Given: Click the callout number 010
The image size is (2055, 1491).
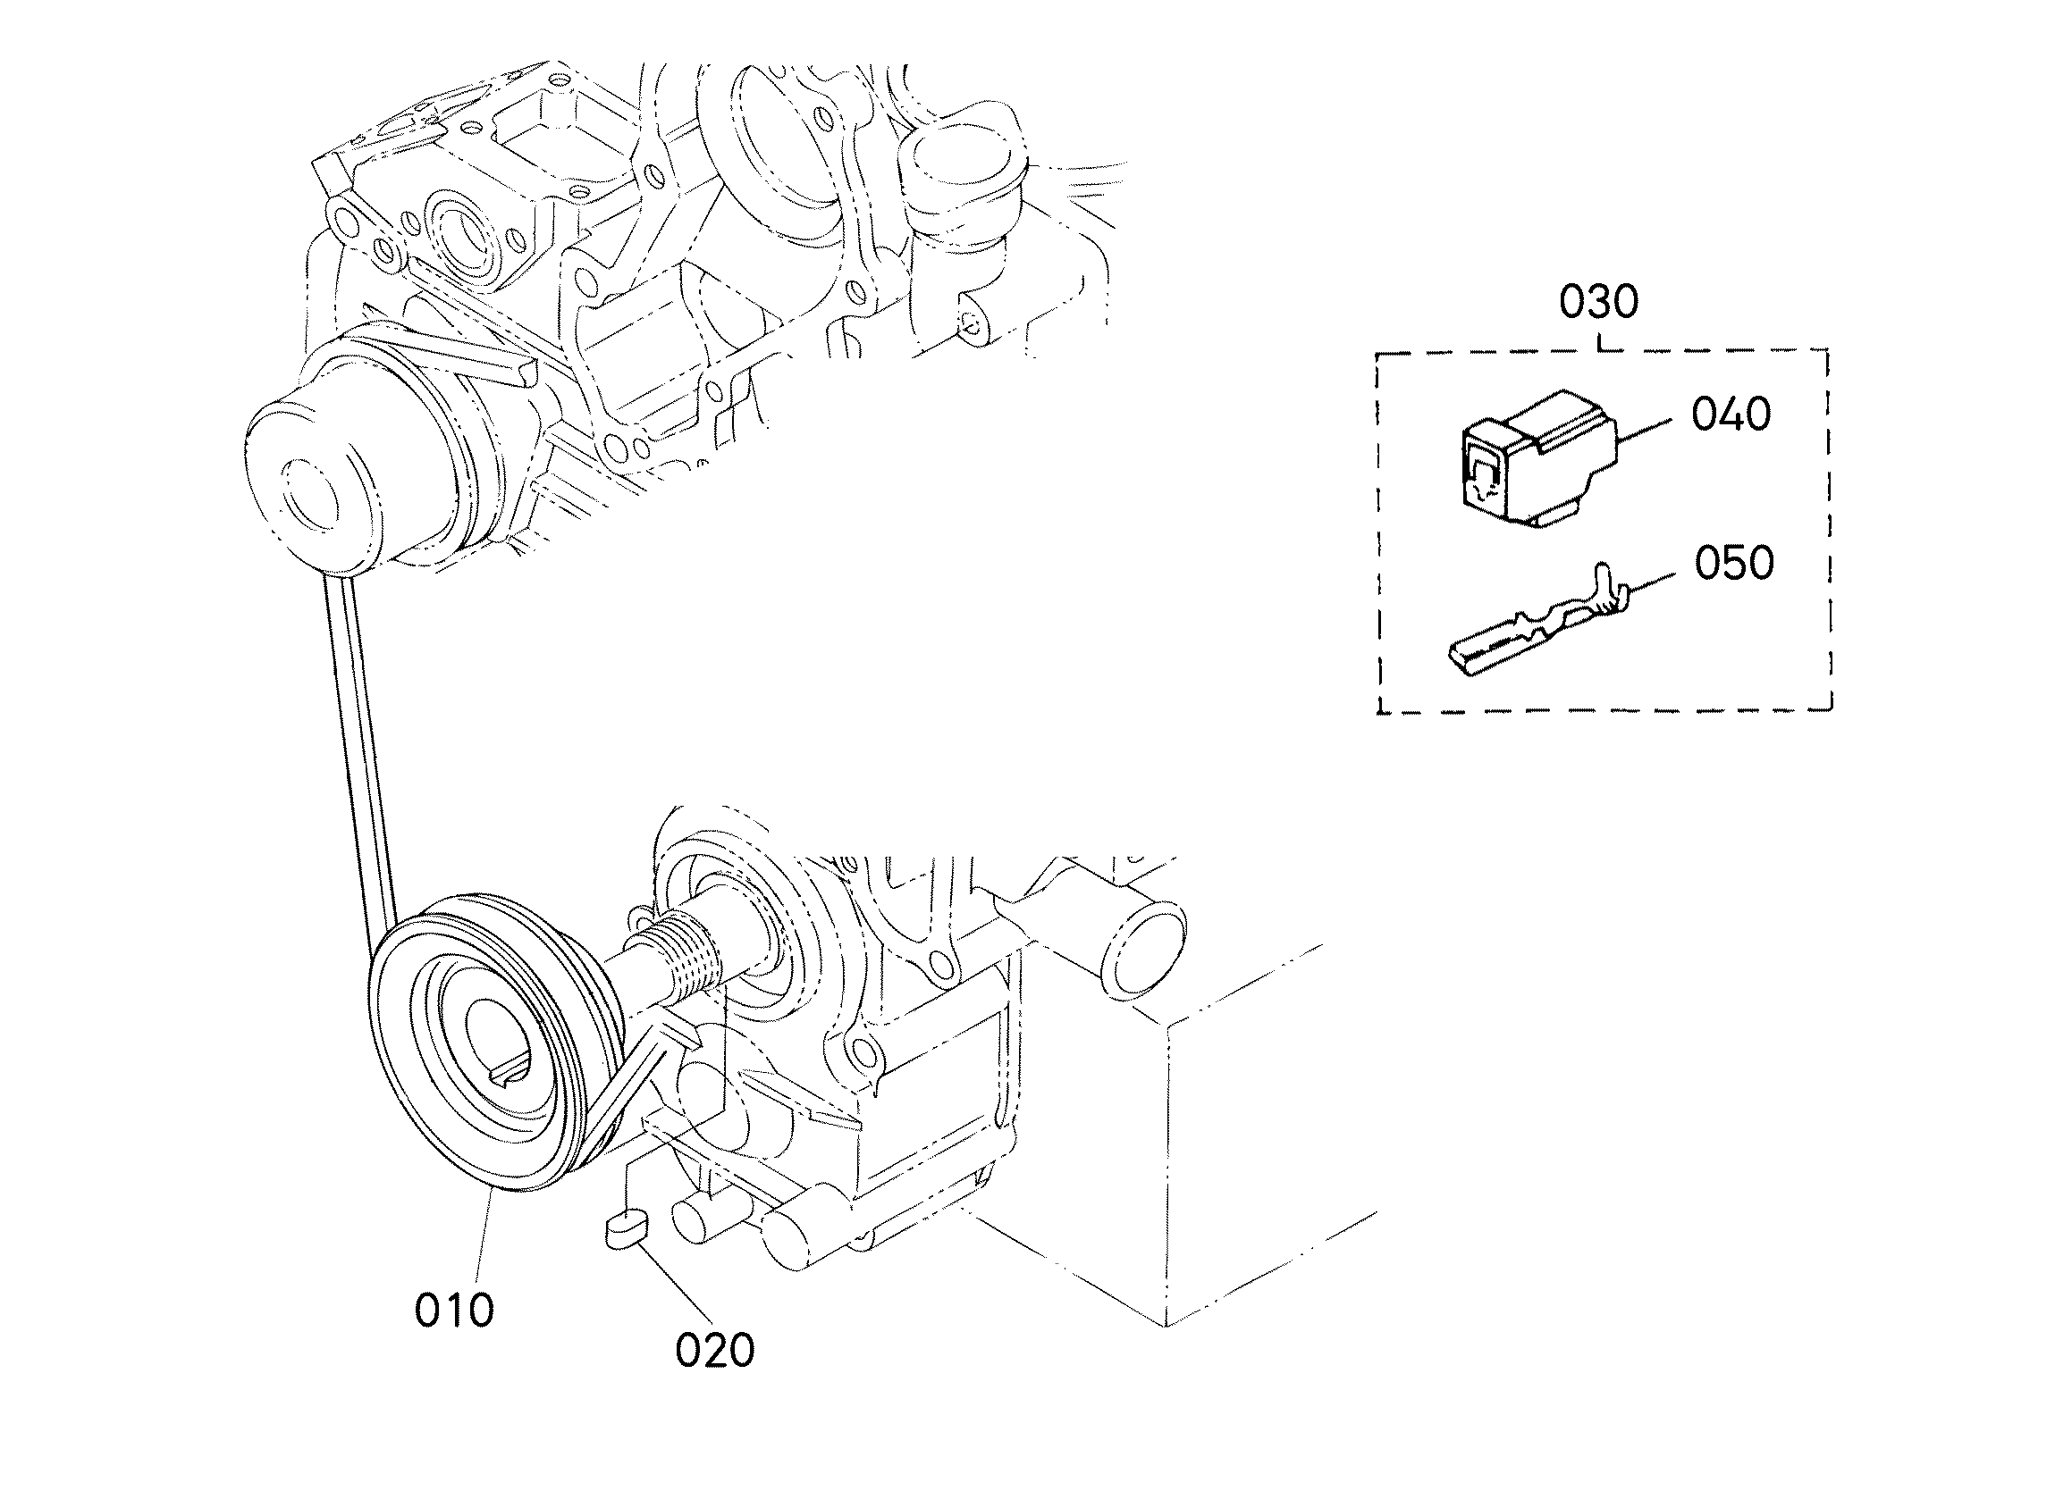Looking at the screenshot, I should (454, 1310).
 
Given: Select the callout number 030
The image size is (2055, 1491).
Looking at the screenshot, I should (1598, 302).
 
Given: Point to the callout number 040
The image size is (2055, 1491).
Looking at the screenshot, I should (1731, 415).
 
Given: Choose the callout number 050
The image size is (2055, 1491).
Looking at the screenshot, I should (1734, 564).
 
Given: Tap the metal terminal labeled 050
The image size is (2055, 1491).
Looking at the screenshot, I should (1531, 625).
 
